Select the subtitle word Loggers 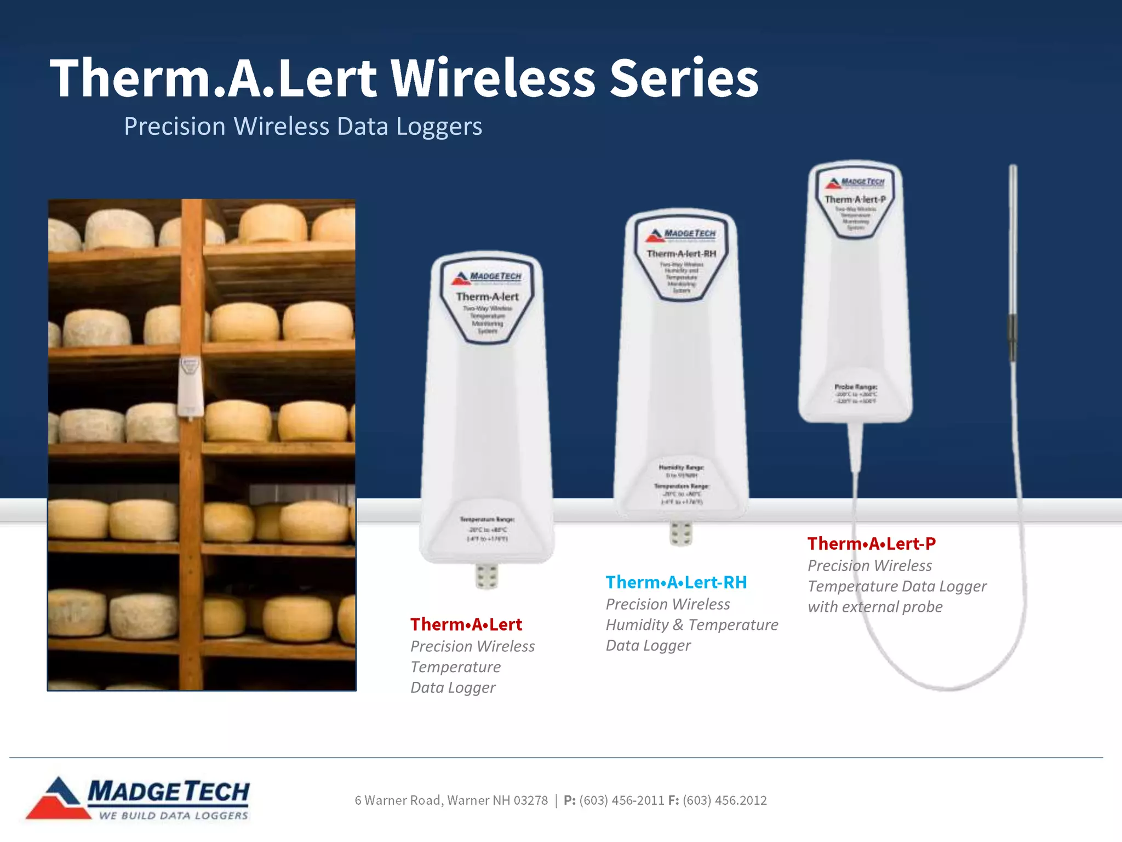coord(439,127)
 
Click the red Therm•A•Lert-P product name coord(871,543)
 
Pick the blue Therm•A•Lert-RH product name coord(676,582)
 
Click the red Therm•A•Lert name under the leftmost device coord(466,624)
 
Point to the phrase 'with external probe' coord(875,607)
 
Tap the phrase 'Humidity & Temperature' coord(691,625)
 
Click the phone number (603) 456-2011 coord(621,800)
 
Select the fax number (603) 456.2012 coord(724,800)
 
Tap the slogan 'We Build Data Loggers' coord(174,816)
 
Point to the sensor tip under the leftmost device coord(486,577)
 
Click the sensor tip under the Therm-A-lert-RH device coord(681,533)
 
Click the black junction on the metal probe coord(1012,337)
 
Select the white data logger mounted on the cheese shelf coord(190,387)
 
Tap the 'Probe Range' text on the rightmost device coord(856,387)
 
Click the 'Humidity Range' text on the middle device coord(681,468)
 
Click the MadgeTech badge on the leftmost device coord(487,277)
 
